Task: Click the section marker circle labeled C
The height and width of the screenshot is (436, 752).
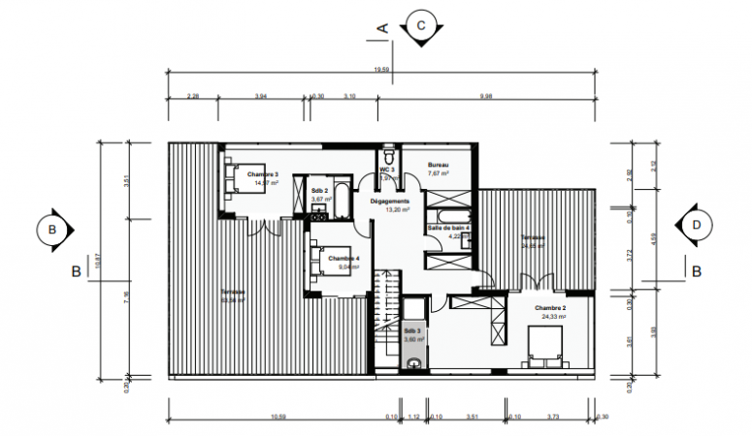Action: [x=420, y=23]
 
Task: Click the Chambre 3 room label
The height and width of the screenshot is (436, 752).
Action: [x=263, y=173]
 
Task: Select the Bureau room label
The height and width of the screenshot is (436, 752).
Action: [x=440, y=166]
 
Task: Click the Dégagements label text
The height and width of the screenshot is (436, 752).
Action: [x=391, y=201]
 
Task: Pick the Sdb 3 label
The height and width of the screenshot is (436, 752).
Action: [x=414, y=330]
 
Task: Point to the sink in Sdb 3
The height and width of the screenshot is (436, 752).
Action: [x=415, y=363]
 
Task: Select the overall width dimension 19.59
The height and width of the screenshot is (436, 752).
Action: [x=381, y=69]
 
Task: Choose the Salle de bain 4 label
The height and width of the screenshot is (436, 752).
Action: [x=449, y=228]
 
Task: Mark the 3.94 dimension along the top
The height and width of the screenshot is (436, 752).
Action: [x=261, y=96]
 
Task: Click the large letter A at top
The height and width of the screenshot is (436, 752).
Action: [x=383, y=28]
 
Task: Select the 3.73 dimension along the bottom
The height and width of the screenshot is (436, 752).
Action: [x=553, y=417]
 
